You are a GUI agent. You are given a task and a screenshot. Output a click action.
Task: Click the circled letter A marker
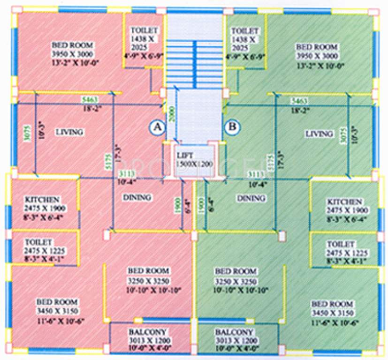[157, 127]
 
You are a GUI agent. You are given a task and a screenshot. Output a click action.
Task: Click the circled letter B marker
[231, 127]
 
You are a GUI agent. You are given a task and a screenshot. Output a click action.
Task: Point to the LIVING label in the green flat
[319, 134]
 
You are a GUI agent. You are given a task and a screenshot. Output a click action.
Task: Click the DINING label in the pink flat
[137, 198]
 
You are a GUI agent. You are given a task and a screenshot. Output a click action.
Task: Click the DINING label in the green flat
[251, 198]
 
